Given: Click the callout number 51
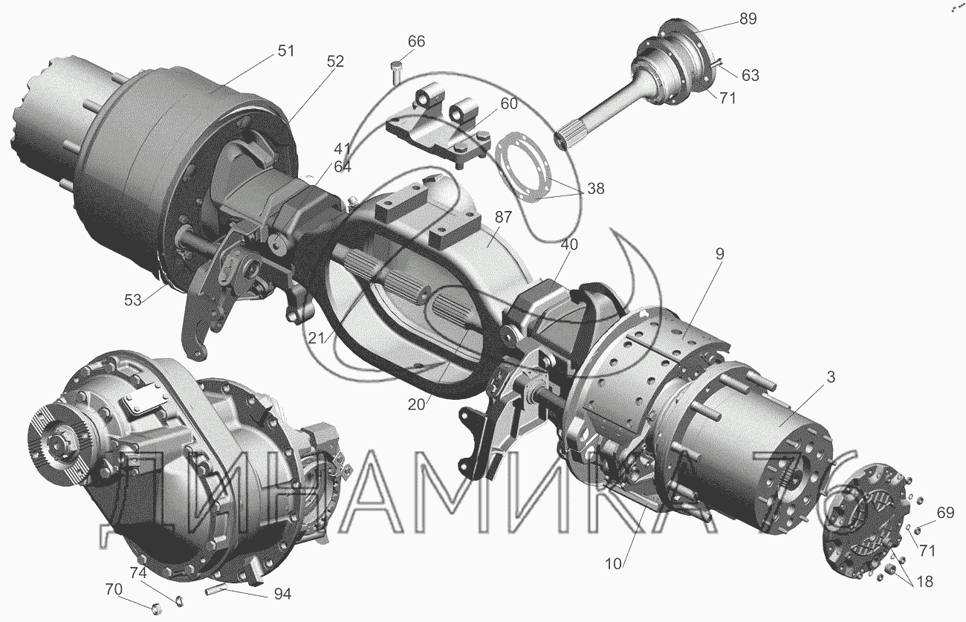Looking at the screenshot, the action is coord(285,51).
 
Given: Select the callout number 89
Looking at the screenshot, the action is coord(748,19).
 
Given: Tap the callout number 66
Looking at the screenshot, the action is coord(417,42).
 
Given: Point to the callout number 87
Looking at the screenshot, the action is coord(503,217).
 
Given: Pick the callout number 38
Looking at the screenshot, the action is coord(595,189).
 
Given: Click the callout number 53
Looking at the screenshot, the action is coord(133,299).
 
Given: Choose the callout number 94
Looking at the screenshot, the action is coord(282,594).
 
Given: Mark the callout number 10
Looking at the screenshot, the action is coord(614,564).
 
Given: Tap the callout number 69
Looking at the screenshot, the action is coord(945,513).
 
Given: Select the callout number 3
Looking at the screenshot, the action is coord(831,377).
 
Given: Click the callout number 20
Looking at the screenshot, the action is coord(416,404).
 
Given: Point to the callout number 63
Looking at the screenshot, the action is coord(751,75).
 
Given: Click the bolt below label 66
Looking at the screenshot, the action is coord(397,74).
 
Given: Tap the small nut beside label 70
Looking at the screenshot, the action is coord(156,609).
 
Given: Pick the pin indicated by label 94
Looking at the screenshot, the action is coord(216,589).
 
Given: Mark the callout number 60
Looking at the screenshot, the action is coord(509,103).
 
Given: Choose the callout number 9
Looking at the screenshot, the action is coord(719,253).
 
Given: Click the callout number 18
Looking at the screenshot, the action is coord(924,581).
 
